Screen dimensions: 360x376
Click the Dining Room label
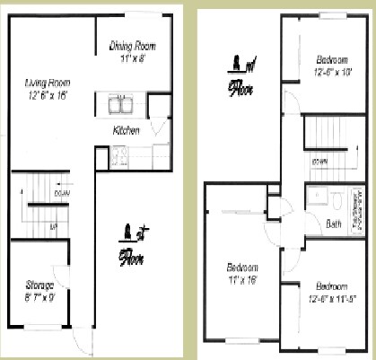133,46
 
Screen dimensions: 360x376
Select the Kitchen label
127,131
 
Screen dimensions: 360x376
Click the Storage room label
39,285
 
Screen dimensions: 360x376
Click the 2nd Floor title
239,76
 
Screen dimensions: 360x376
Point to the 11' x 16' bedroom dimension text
242,279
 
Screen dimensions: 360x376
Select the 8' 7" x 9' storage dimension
39,296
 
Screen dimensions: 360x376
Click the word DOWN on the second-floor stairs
319,161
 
